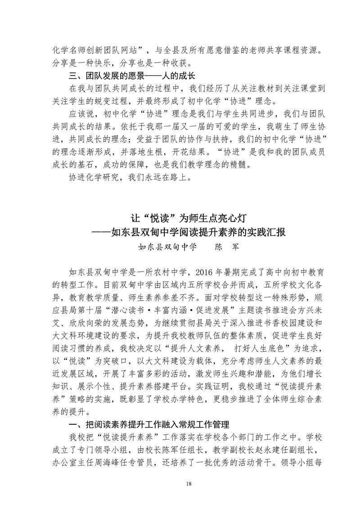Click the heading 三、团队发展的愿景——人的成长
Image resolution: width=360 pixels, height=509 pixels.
[131, 73]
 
